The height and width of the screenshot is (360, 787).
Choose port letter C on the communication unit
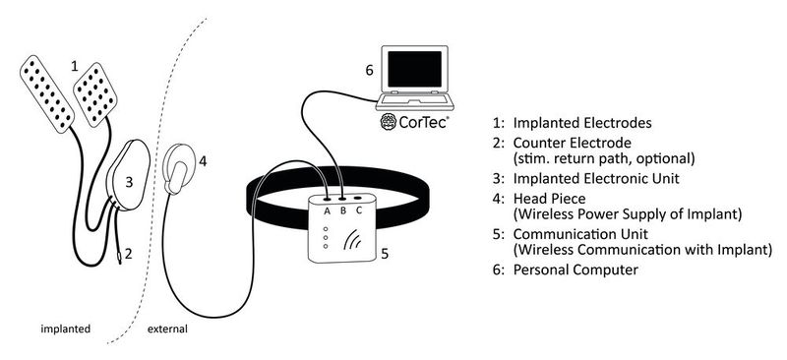[360, 209]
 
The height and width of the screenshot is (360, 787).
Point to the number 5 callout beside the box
[385, 253]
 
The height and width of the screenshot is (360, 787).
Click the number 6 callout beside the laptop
[369, 71]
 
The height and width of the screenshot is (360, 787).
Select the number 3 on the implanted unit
[129, 181]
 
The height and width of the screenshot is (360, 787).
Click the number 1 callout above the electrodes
[74, 65]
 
